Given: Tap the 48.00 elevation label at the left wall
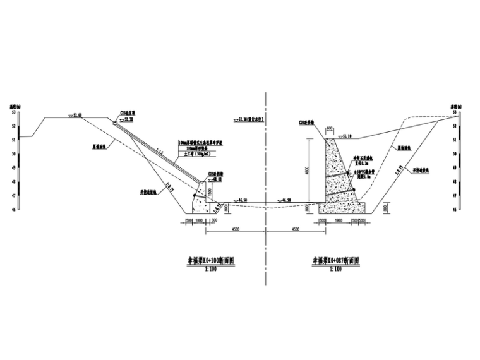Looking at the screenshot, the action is (216, 179).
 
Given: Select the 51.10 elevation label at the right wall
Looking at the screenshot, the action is (346, 135).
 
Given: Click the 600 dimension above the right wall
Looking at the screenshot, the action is (329, 129).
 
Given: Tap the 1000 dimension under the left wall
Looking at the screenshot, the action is (200, 221).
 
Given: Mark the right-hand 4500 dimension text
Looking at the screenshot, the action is (296, 231).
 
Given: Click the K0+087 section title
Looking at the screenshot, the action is (335, 260).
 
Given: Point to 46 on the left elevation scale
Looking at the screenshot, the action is (13, 209).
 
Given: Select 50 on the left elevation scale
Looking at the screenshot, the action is (13, 153).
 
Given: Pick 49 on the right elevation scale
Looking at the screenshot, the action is (455, 168).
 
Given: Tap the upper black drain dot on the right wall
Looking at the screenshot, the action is (349, 174).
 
